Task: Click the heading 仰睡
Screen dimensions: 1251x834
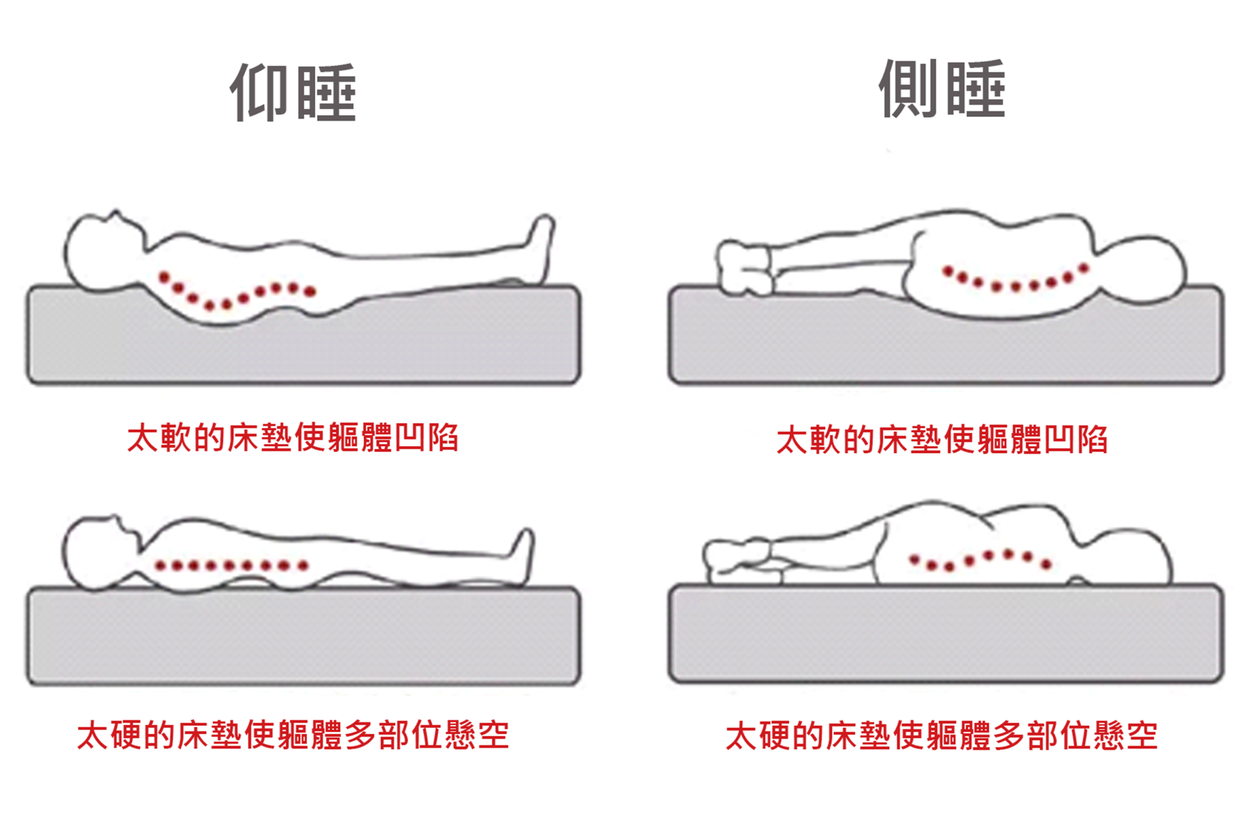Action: pyautogui.click(x=293, y=93)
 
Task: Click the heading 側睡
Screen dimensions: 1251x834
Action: pyautogui.click(x=942, y=89)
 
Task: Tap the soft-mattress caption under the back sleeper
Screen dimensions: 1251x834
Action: pyautogui.click(x=293, y=437)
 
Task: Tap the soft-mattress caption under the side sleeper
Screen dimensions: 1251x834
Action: pyautogui.click(x=942, y=439)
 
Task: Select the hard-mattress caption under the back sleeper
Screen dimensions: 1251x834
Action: pyautogui.click(x=293, y=735)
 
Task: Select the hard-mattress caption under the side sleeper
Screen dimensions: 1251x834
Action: pyautogui.click(x=942, y=736)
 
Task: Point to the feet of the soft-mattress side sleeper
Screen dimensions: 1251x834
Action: pyautogui.click(x=744, y=268)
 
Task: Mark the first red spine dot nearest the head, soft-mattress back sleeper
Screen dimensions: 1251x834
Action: pyautogui.click(x=164, y=277)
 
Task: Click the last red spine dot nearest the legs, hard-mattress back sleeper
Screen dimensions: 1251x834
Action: pyautogui.click(x=303, y=566)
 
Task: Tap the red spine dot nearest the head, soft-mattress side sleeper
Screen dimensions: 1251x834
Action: pyautogui.click(x=1084, y=268)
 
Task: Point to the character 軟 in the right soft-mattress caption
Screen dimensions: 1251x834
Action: pyautogui.click(x=826, y=439)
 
